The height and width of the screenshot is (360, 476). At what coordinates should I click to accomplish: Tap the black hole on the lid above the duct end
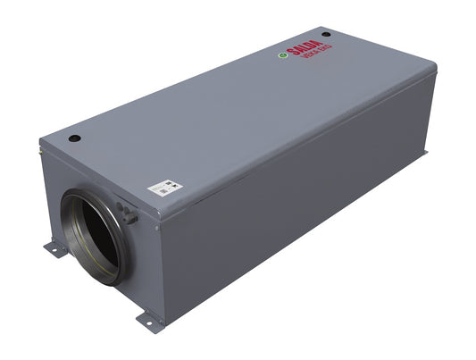pos(75,138)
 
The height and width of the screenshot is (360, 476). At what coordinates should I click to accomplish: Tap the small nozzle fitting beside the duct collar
pos(130,214)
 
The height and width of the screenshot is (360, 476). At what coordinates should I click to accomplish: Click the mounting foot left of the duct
pos(53,251)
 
